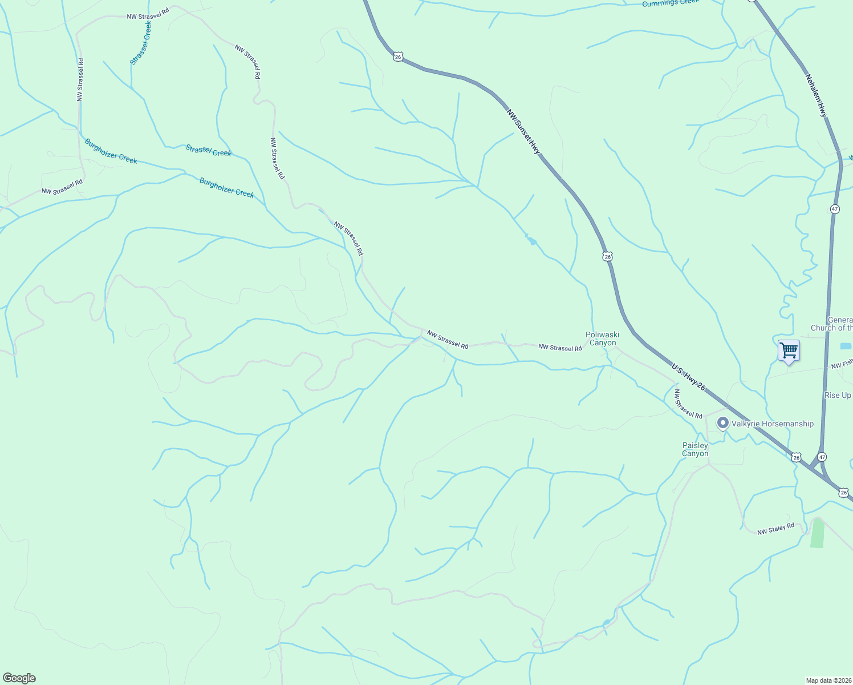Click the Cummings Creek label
tap(670, 3)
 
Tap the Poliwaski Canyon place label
tap(603, 339)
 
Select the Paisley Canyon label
tap(695, 449)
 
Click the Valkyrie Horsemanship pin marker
tap(723, 423)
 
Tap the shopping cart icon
tap(789, 350)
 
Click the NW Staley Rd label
tap(775, 529)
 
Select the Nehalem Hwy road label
tap(816, 95)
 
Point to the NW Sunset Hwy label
tap(523, 131)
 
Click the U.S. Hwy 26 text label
tap(688, 377)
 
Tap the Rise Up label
tap(838, 395)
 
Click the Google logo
tap(19, 678)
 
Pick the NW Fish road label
tap(842, 364)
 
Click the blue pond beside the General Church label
tap(846, 346)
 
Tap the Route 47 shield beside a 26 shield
tap(822, 457)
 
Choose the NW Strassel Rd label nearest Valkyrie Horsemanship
tap(688, 404)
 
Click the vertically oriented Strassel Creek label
tap(141, 43)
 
